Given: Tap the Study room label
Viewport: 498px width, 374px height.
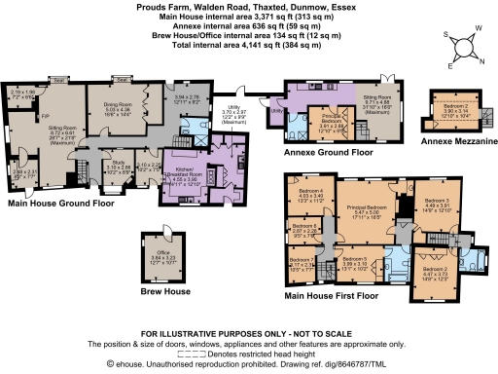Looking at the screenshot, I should (x=121, y=166).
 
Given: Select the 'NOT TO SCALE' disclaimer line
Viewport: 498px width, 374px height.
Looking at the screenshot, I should (x=248, y=333).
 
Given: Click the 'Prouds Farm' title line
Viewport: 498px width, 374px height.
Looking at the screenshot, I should (x=248, y=6).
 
